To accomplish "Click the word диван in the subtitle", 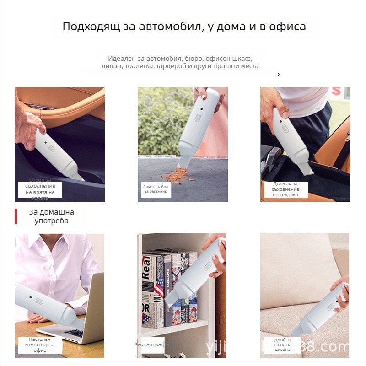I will (x=112, y=66).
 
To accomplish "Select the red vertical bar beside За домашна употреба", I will (x=16, y=216).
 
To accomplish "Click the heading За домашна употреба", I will (x=51, y=216).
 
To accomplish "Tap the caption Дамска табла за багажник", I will (x=155, y=189).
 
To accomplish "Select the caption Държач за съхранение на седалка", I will (x=285, y=189).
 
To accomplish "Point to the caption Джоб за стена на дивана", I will (x=282, y=344).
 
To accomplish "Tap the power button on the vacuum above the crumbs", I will (x=198, y=117).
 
